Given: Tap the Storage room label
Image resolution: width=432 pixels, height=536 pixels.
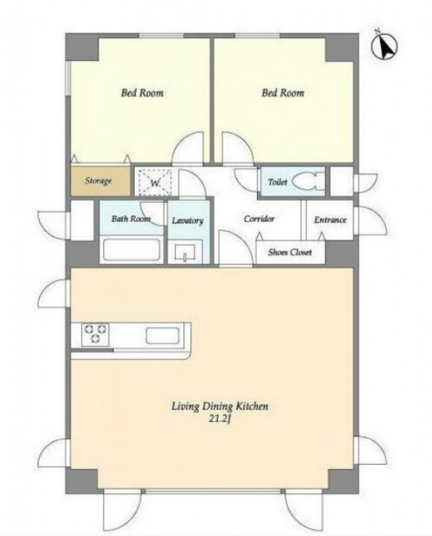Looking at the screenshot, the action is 99,181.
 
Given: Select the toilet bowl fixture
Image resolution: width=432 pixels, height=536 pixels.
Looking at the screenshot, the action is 306,181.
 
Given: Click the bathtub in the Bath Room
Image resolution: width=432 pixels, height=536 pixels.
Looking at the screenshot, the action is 131,250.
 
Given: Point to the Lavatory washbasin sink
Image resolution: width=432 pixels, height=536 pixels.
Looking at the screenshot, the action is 185,253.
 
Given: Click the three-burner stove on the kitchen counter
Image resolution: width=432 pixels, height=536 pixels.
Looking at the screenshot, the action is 95,334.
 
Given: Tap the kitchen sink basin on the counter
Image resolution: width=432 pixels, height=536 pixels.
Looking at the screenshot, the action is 162,335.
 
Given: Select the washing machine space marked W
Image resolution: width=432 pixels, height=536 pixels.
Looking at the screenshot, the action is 155,182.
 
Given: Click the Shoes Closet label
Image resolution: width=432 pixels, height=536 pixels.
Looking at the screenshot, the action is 290,253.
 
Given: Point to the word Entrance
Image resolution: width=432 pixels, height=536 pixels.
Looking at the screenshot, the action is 330,219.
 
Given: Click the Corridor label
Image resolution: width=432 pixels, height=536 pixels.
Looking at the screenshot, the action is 259,219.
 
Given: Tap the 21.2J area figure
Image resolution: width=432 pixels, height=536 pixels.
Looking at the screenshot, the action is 220,419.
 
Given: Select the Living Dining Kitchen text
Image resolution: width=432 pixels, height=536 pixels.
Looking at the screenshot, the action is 219,406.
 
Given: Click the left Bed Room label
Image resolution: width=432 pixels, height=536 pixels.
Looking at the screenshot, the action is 142,93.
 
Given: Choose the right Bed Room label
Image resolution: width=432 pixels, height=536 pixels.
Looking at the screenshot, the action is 283,93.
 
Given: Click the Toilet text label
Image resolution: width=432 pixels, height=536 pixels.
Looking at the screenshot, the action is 277,183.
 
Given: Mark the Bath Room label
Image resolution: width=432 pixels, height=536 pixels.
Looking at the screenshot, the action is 131,219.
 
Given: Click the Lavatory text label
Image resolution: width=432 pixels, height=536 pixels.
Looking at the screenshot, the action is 188,220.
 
